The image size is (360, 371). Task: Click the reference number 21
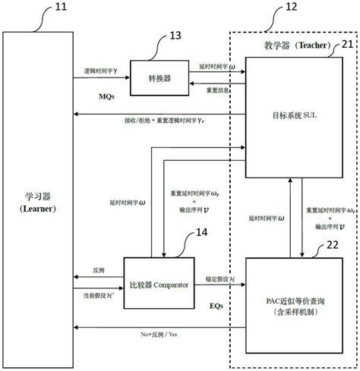tap(345, 66)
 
